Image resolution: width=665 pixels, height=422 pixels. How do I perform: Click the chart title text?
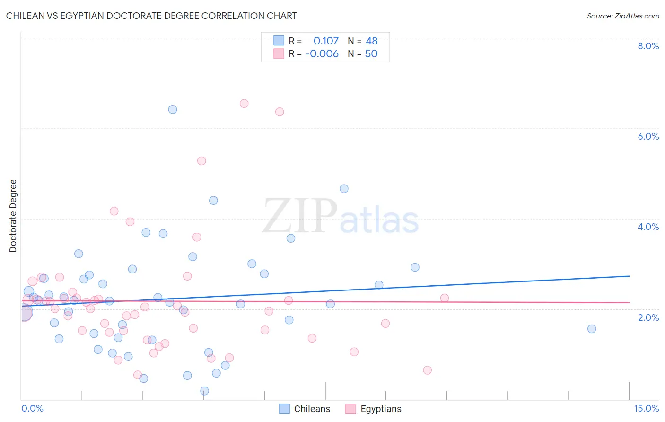(x=151, y=16)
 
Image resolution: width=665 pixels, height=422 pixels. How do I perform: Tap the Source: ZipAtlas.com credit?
(x=622, y=16)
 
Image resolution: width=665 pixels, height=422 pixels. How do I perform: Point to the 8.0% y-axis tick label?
(x=648, y=46)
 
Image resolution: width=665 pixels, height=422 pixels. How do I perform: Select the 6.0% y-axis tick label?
(x=648, y=136)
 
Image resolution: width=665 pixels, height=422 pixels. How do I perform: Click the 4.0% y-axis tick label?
(x=648, y=227)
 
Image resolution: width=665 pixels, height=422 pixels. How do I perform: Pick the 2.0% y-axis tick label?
(x=648, y=317)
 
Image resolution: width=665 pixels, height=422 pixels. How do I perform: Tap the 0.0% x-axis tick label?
(x=32, y=408)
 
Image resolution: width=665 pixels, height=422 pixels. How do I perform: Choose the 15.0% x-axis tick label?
(x=646, y=408)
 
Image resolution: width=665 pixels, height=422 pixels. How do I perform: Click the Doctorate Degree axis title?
(x=13, y=216)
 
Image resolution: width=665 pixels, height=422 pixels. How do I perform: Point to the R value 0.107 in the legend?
(x=326, y=41)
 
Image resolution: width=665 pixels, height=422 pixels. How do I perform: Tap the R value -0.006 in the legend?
(x=322, y=53)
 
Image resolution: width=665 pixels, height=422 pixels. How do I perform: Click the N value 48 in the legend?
(x=371, y=41)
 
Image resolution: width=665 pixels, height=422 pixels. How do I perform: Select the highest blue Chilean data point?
(x=173, y=109)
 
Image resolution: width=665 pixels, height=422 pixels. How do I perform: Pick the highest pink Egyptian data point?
(x=244, y=104)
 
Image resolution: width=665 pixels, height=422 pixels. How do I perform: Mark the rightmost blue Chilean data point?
(x=592, y=329)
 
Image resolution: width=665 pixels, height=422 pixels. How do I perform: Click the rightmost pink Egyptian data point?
(x=445, y=298)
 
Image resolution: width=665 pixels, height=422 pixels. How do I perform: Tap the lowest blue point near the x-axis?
(x=205, y=391)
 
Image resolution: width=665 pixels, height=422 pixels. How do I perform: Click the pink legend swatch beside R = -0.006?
(x=279, y=53)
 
